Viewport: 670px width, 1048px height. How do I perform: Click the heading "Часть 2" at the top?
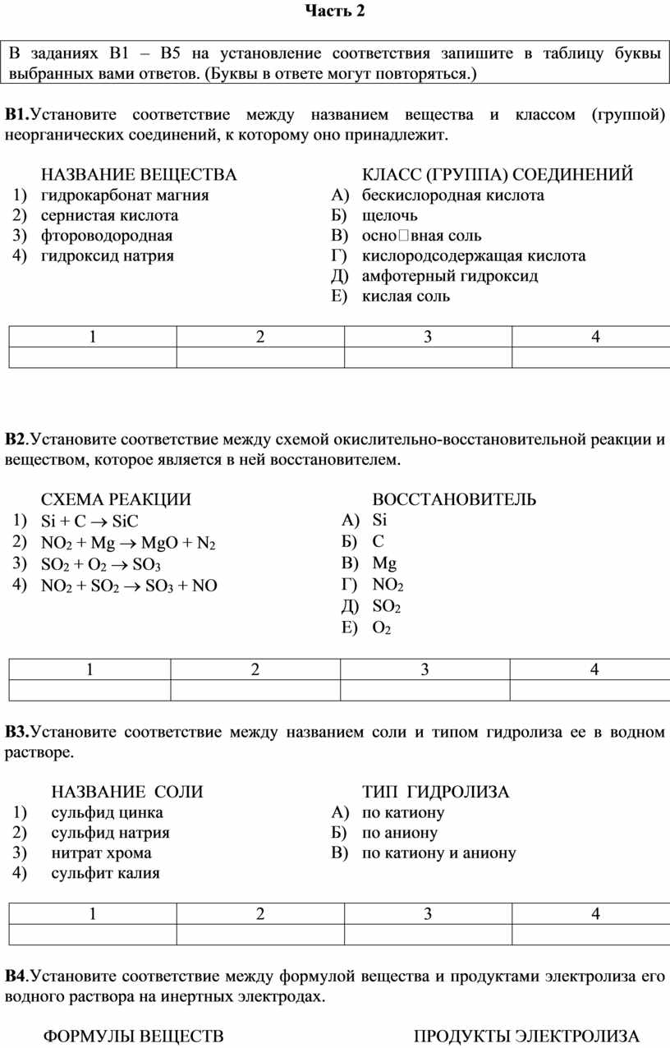[x=334, y=11]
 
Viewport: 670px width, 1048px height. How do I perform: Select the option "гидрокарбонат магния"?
[x=125, y=195]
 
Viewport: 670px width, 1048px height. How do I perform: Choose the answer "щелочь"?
[x=390, y=216]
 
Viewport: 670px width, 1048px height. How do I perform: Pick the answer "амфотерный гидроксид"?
[x=450, y=276]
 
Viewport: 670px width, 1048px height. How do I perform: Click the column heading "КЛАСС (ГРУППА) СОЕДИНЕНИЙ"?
[x=498, y=175]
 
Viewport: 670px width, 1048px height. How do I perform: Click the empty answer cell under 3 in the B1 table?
[x=427, y=357]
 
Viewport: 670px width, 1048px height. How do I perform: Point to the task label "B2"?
[x=16, y=439]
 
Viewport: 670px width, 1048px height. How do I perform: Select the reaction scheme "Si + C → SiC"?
[x=89, y=522]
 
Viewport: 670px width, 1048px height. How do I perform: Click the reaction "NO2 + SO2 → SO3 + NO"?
[x=129, y=586]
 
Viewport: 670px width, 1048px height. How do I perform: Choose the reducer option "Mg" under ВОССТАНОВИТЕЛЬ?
[x=384, y=563]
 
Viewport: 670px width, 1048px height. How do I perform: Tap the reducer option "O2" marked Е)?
[x=381, y=628]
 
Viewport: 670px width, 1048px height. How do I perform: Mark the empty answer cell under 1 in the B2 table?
[x=89, y=690]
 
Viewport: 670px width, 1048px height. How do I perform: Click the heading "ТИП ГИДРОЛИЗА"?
[x=436, y=793]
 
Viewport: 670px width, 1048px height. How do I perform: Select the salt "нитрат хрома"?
[x=101, y=853]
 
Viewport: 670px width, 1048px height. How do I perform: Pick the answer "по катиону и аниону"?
[x=438, y=853]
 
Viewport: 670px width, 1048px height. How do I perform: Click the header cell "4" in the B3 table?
[x=594, y=913]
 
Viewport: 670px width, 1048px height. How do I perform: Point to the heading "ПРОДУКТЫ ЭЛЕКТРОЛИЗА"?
[x=526, y=1036]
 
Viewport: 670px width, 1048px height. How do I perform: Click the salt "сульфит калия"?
[x=105, y=873]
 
